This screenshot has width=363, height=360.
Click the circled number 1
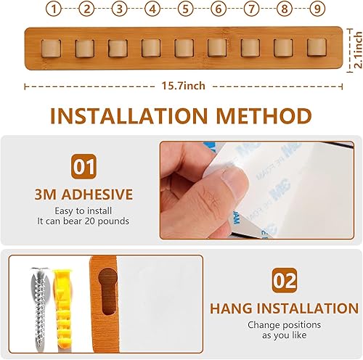click(52, 9)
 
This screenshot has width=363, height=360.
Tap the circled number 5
click(184, 9)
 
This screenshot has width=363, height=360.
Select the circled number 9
click(316, 9)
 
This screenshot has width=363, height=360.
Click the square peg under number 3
click(118, 47)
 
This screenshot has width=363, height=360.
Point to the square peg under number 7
click(250, 47)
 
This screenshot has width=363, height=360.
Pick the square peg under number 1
click(52, 47)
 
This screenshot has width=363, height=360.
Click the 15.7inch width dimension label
click(183, 86)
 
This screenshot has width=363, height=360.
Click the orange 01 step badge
click(83, 167)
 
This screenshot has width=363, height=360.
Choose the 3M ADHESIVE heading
click(83, 195)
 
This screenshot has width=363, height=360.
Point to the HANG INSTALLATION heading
click(284, 308)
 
